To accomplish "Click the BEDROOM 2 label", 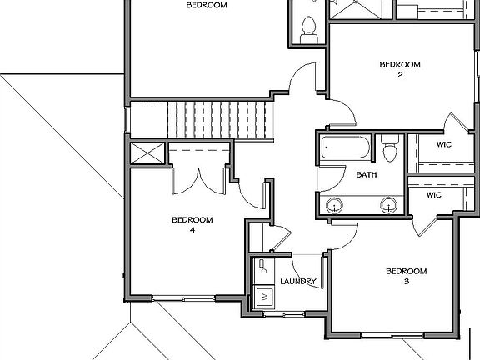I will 400,69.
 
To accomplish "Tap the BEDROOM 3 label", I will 406,276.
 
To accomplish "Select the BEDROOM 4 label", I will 192,224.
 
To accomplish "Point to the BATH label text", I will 366,175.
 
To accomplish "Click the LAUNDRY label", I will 297,282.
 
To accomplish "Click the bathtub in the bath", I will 346,150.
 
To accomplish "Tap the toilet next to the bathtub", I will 390,148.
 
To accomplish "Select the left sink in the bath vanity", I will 336,204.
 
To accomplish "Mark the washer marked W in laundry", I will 264,296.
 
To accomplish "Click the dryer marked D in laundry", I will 262,267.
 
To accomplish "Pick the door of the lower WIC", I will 425,221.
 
